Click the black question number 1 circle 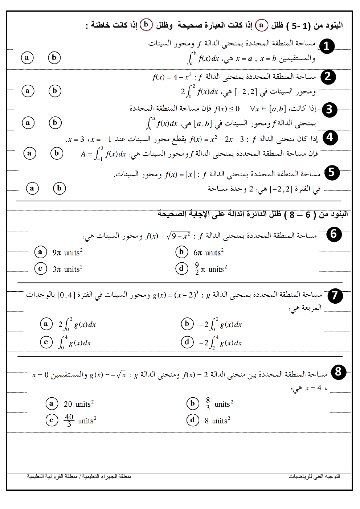327,46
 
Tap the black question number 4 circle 330,137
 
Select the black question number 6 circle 334,234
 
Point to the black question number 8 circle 338,372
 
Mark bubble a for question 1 27,58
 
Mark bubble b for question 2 55,91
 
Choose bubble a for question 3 28,123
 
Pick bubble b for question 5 59,188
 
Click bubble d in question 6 181,268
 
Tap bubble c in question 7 46,342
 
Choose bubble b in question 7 187,324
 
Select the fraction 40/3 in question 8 69,420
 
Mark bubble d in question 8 192,420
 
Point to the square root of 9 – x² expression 179,236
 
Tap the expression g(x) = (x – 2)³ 176,295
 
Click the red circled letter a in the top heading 261,25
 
